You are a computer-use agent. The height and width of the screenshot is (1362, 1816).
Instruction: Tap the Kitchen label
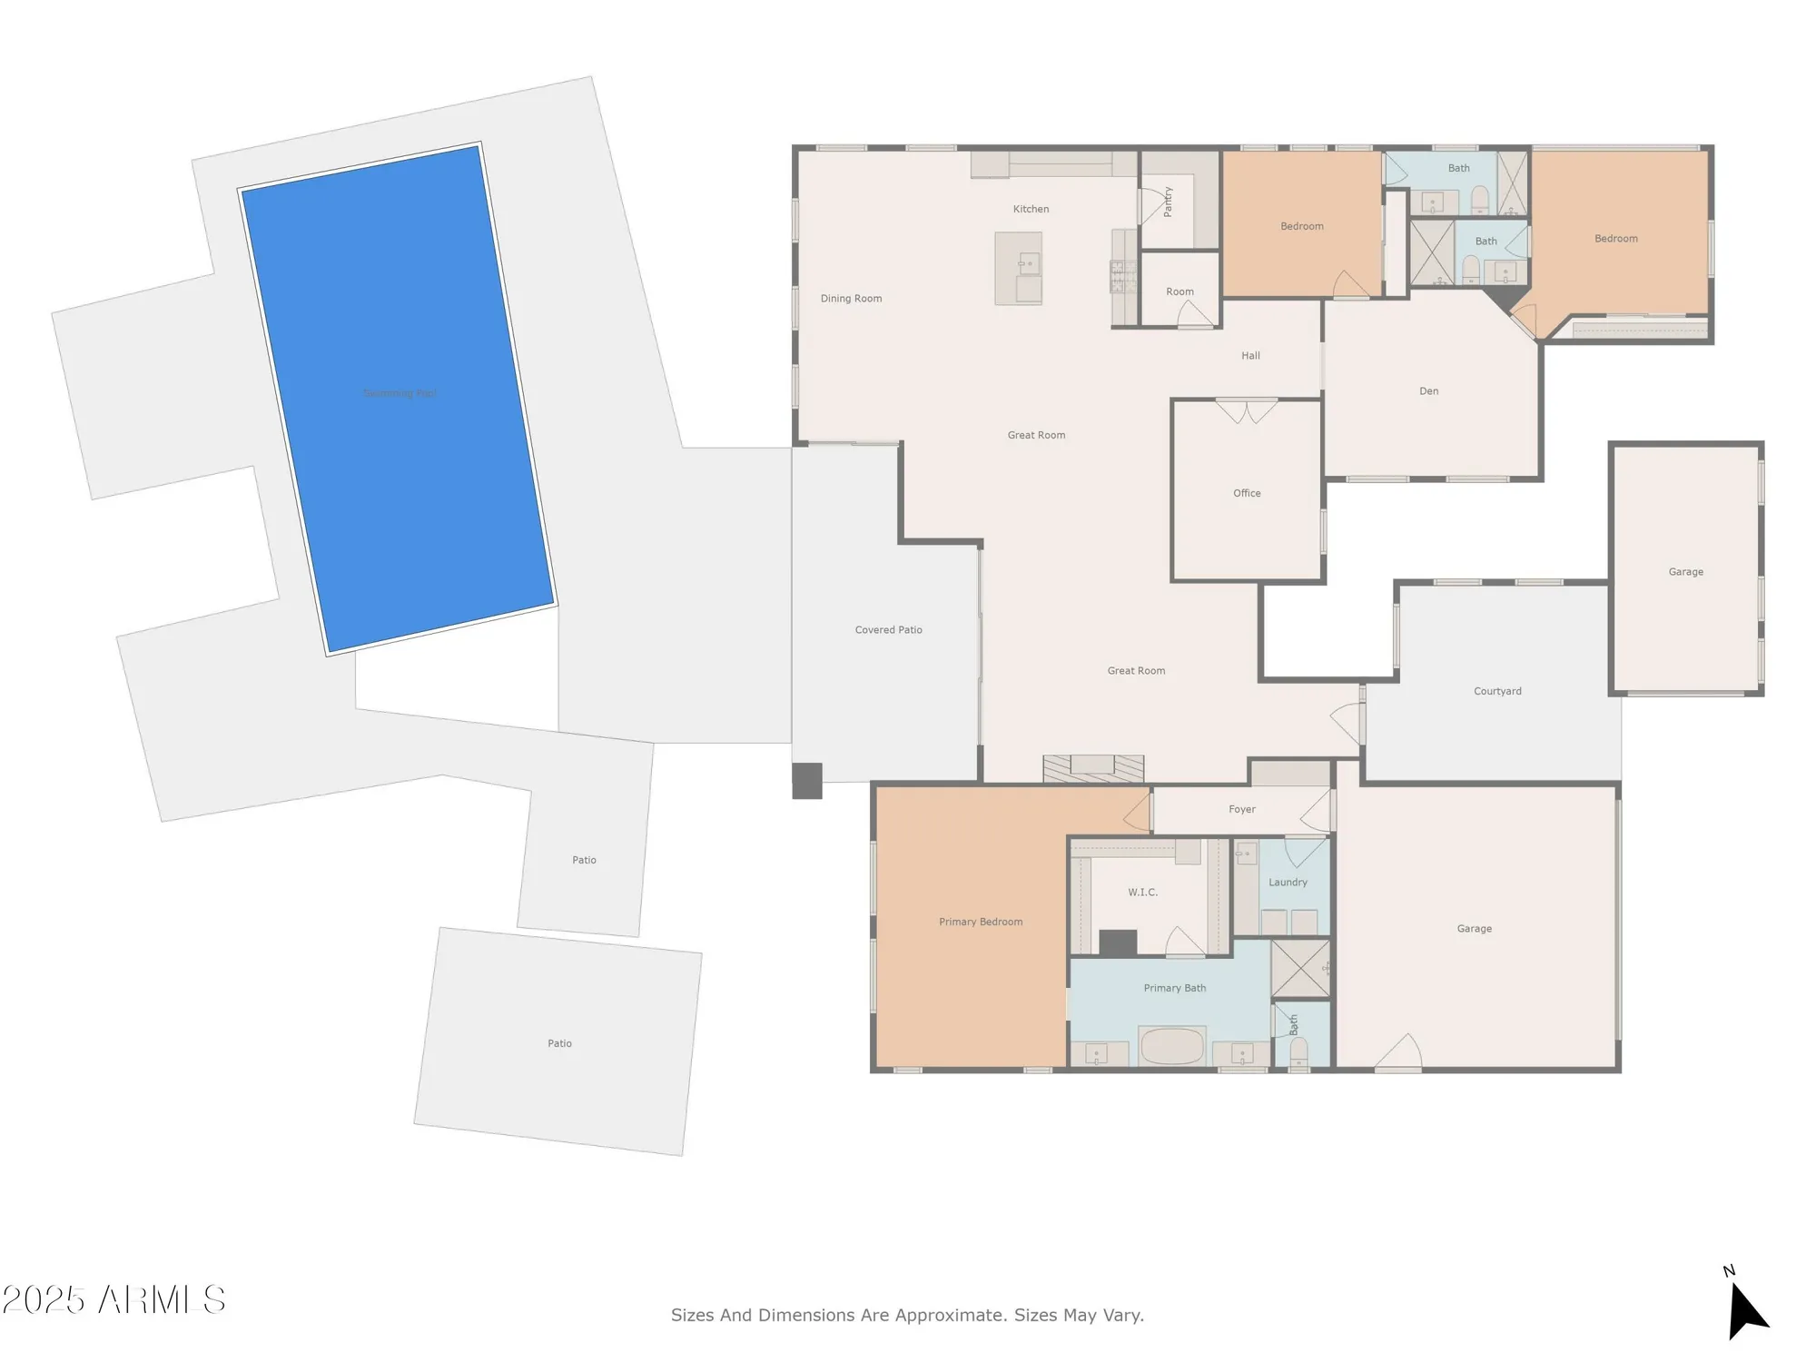coord(1031,209)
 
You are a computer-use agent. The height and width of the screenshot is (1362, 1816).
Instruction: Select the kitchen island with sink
coord(1018,268)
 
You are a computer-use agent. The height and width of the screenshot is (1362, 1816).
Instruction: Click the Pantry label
coord(1168,202)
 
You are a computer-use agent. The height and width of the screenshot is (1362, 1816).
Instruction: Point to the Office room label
coord(1247,493)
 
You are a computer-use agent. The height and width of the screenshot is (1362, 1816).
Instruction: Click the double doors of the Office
coord(1247,411)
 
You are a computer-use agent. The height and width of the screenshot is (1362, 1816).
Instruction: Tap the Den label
coord(1428,391)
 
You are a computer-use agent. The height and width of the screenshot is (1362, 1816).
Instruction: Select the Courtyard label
coord(1497,691)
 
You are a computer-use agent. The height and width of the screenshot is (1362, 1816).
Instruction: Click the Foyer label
coord(1241,809)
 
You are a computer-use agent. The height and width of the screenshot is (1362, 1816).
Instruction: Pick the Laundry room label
coord(1288,883)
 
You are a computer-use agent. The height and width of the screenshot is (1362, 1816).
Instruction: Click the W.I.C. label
coord(1142,893)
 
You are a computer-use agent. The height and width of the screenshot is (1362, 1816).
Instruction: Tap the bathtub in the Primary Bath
coord(1172,1046)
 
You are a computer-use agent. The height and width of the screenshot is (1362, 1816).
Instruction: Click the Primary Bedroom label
coord(981,922)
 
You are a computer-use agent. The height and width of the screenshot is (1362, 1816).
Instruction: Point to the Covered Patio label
coord(888,630)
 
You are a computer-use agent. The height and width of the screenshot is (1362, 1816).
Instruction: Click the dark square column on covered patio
coord(807,781)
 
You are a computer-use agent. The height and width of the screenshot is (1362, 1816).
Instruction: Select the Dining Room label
coord(851,299)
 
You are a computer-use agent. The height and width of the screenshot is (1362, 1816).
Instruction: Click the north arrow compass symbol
coord(1745,1308)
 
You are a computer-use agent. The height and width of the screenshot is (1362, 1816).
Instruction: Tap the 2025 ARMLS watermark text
coord(113,1300)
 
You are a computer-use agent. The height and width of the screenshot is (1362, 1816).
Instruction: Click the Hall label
coord(1250,356)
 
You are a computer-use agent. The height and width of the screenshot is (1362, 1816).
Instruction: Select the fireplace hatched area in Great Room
coord(1093,768)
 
